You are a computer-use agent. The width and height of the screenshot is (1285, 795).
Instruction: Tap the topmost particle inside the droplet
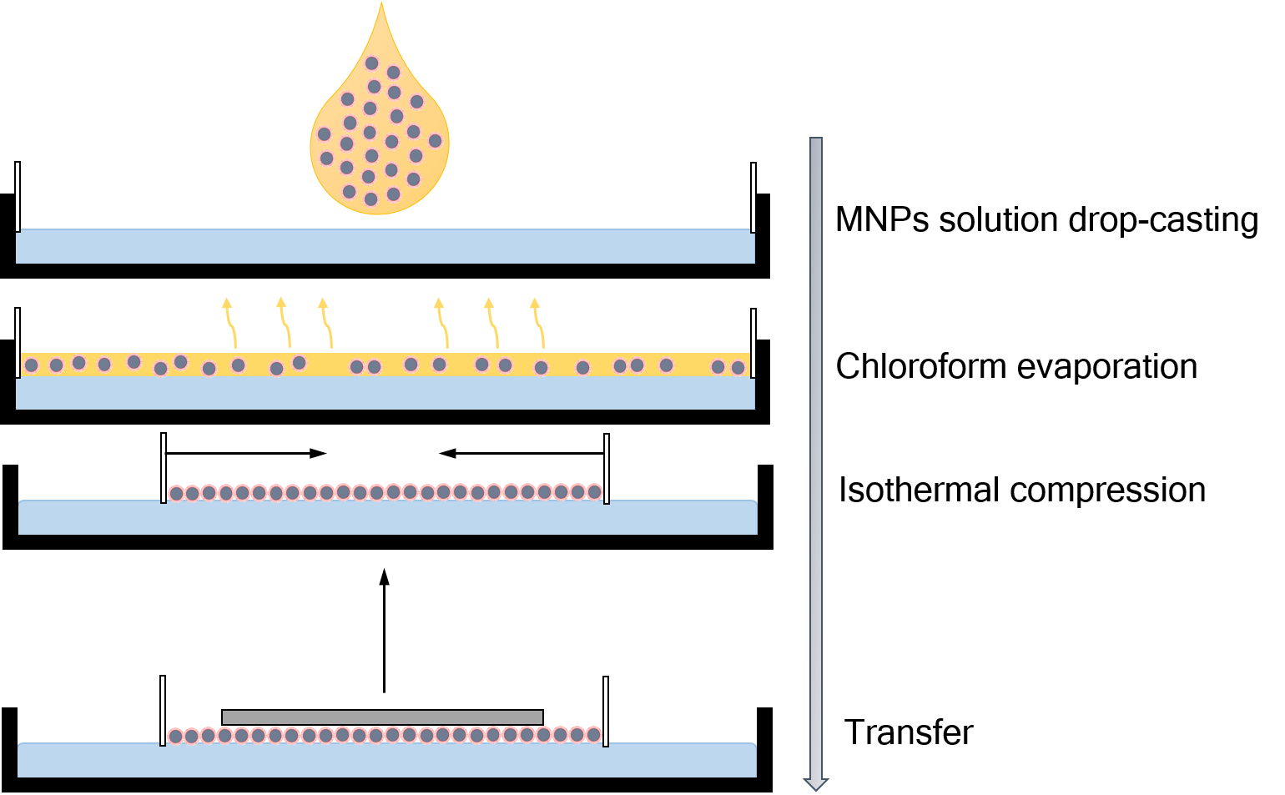pyautogui.click(x=372, y=63)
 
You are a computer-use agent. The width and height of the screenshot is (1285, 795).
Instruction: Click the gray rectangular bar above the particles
pyautogui.click(x=382, y=717)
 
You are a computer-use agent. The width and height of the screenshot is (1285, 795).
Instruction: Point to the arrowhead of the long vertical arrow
pyautogui.click(x=815, y=784)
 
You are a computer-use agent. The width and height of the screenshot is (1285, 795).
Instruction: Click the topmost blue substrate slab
pyautogui.click(x=385, y=247)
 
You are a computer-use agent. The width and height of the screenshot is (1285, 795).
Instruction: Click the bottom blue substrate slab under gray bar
pyautogui.click(x=385, y=761)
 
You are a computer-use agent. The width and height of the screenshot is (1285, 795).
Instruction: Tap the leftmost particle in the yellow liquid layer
pyautogui.click(x=32, y=365)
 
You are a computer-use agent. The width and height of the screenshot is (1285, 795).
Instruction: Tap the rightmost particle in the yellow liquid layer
pyautogui.click(x=738, y=368)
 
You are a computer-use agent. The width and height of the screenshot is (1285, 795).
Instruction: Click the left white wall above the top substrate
pyautogui.click(x=18, y=197)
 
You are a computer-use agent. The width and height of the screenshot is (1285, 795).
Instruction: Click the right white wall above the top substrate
pyautogui.click(x=753, y=197)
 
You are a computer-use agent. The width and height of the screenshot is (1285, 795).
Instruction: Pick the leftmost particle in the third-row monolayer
pyautogui.click(x=176, y=493)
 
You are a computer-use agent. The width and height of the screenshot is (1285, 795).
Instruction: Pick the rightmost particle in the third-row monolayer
pyautogui.click(x=594, y=492)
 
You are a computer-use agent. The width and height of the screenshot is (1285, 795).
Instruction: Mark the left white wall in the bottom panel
pyautogui.click(x=163, y=711)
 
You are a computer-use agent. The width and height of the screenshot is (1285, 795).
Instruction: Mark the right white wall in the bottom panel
pyautogui.click(x=606, y=711)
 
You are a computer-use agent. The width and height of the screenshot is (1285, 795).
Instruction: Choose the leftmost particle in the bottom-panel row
pyautogui.click(x=175, y=736)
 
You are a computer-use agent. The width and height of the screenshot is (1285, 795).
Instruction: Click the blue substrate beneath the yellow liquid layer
pyautogui.click(x=385, y=394)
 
